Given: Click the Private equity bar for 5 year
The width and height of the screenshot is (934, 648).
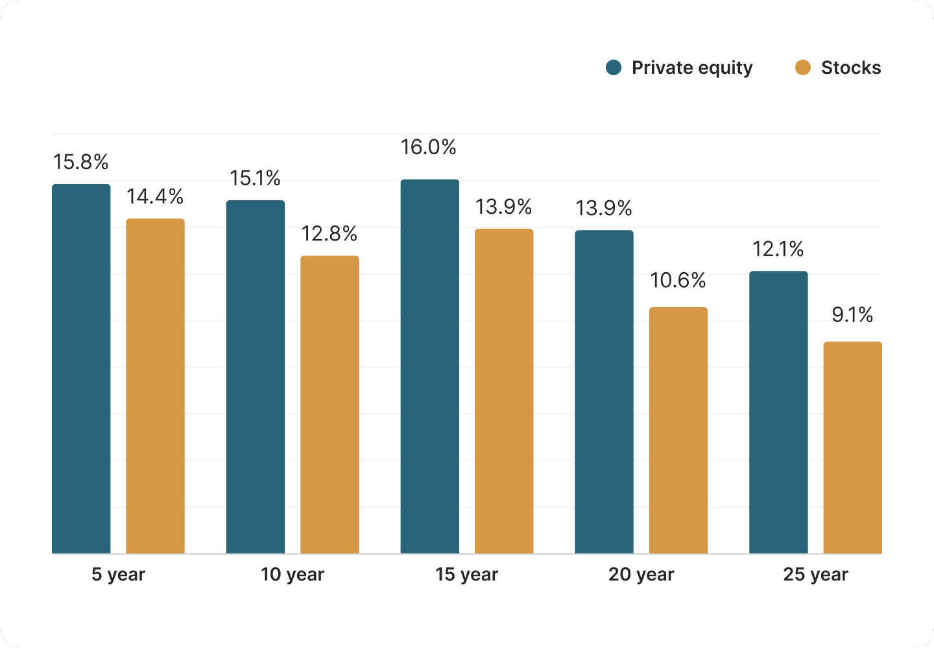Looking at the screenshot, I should point(81,369).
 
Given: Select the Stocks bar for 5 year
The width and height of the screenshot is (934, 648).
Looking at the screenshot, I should point(155,386).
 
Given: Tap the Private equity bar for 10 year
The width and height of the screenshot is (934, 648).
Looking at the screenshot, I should point(256,376).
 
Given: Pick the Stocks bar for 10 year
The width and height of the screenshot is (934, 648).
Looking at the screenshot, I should point(329,404).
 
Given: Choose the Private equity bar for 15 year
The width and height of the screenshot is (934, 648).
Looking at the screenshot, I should point(429,366).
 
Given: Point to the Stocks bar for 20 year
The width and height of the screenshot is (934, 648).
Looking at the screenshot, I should point(678,430).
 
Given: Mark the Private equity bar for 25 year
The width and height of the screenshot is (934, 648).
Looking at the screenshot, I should point(778,412).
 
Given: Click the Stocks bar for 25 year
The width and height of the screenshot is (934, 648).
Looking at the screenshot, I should point(852,447).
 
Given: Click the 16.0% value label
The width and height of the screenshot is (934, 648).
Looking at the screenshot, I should point(428,148).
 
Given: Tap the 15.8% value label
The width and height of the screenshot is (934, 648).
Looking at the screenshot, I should point(80,162).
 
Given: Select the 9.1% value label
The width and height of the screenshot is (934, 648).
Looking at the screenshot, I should point(852,315).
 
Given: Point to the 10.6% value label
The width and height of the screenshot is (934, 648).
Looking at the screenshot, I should point(678,281).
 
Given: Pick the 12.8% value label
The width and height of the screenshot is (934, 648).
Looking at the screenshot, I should point(329,234).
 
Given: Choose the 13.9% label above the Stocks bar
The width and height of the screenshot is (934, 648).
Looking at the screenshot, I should point(503,207).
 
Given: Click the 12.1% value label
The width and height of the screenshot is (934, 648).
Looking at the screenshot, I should point(778,249).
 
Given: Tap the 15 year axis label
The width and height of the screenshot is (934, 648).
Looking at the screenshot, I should point(466,575).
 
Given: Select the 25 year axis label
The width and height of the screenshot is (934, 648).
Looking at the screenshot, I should point(815,575).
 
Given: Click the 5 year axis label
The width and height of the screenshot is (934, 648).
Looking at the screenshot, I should point(118,575).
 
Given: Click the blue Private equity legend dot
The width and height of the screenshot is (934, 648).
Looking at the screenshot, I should point(614,67).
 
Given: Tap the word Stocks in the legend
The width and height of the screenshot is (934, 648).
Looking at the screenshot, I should point(850,68).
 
